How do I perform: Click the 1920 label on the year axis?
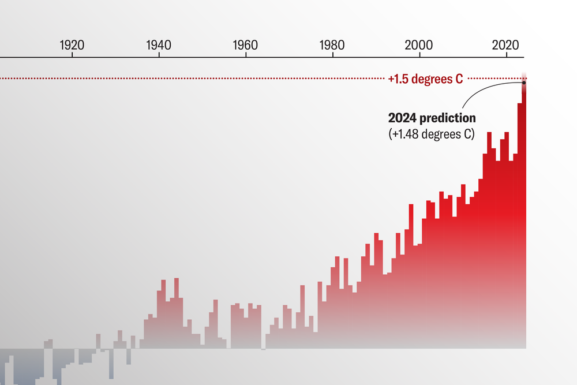(x=72, y=44)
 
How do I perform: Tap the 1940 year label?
(x=159, y=44)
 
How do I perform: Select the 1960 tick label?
(x=245, y=44)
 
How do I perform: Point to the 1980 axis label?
(x=332, y=44)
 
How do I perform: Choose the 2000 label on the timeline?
(x=419, y=44)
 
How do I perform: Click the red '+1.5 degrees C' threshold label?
(x=425, y=79)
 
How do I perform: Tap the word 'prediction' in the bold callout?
(x=448, y=118)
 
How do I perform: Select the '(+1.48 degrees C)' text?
(x=430, y=134)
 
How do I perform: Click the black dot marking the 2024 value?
(x=524, y=83)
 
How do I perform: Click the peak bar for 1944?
(x=176, y=312)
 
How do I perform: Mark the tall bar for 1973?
(x=302, y=317)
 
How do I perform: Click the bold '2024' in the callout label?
(x=402, y=118)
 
